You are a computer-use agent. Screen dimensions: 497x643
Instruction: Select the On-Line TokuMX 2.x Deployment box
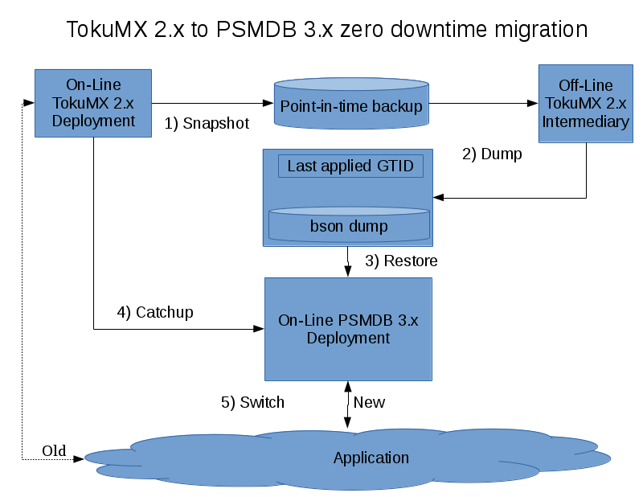[x=93, y=103]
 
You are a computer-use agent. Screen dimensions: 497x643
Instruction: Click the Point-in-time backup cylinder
[x=350, y=105]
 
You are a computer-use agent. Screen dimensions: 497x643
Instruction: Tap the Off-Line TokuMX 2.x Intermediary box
[x=585, y=104]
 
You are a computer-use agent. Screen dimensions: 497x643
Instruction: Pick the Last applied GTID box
[x=350, y=166]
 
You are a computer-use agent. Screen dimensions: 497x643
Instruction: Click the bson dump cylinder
[x=349, y=225]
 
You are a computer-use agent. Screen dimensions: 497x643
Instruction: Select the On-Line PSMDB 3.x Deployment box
[x=348, y=329]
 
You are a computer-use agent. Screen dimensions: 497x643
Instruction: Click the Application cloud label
[x=371, y=458]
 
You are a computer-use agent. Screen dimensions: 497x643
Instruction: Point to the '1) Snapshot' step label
[x=207, y=124]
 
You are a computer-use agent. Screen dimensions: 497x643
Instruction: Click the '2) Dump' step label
[x=492, y=154]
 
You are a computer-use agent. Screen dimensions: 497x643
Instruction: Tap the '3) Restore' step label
[x=401, y=261]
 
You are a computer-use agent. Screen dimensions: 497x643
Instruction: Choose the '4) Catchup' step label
[x=155, y=312]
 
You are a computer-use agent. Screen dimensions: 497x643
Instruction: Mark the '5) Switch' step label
[x=252, y=402]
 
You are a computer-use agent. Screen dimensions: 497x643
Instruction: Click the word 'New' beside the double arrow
[x=369, y=402]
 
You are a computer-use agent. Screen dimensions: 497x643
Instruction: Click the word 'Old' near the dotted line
[x=54, y=450]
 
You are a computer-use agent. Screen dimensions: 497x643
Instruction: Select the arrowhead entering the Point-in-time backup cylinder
[x=268, y=103]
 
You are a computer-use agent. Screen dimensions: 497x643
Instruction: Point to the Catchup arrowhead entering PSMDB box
[x=260, y=329]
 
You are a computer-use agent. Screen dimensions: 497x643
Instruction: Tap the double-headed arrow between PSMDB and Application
[x=347, y=405]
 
